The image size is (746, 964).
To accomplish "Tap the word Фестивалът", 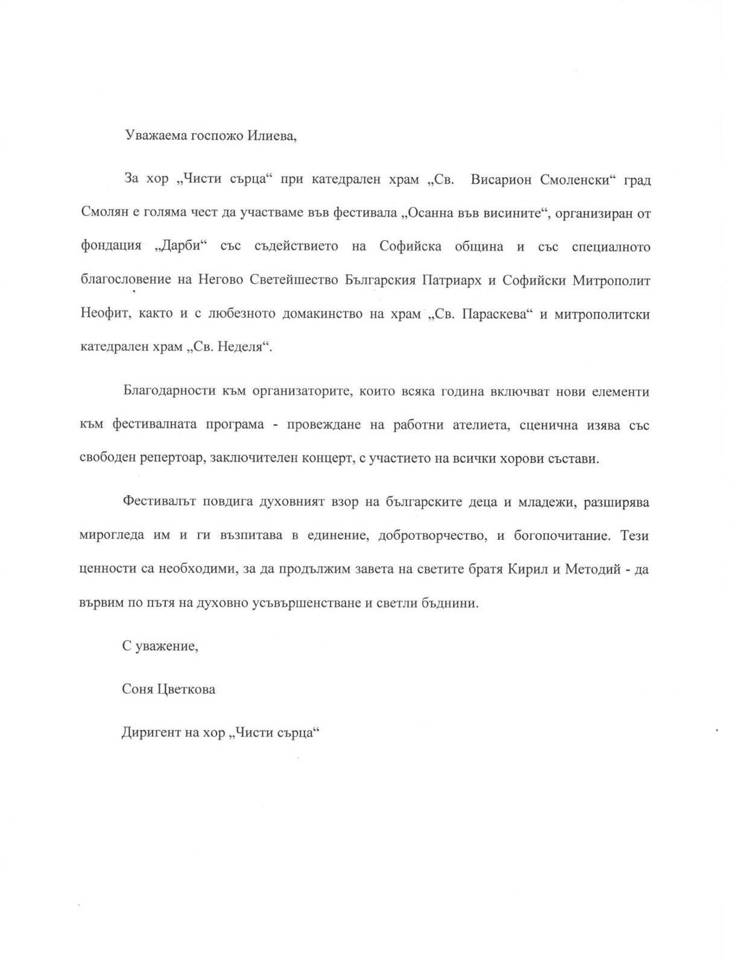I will click(156, 502).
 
